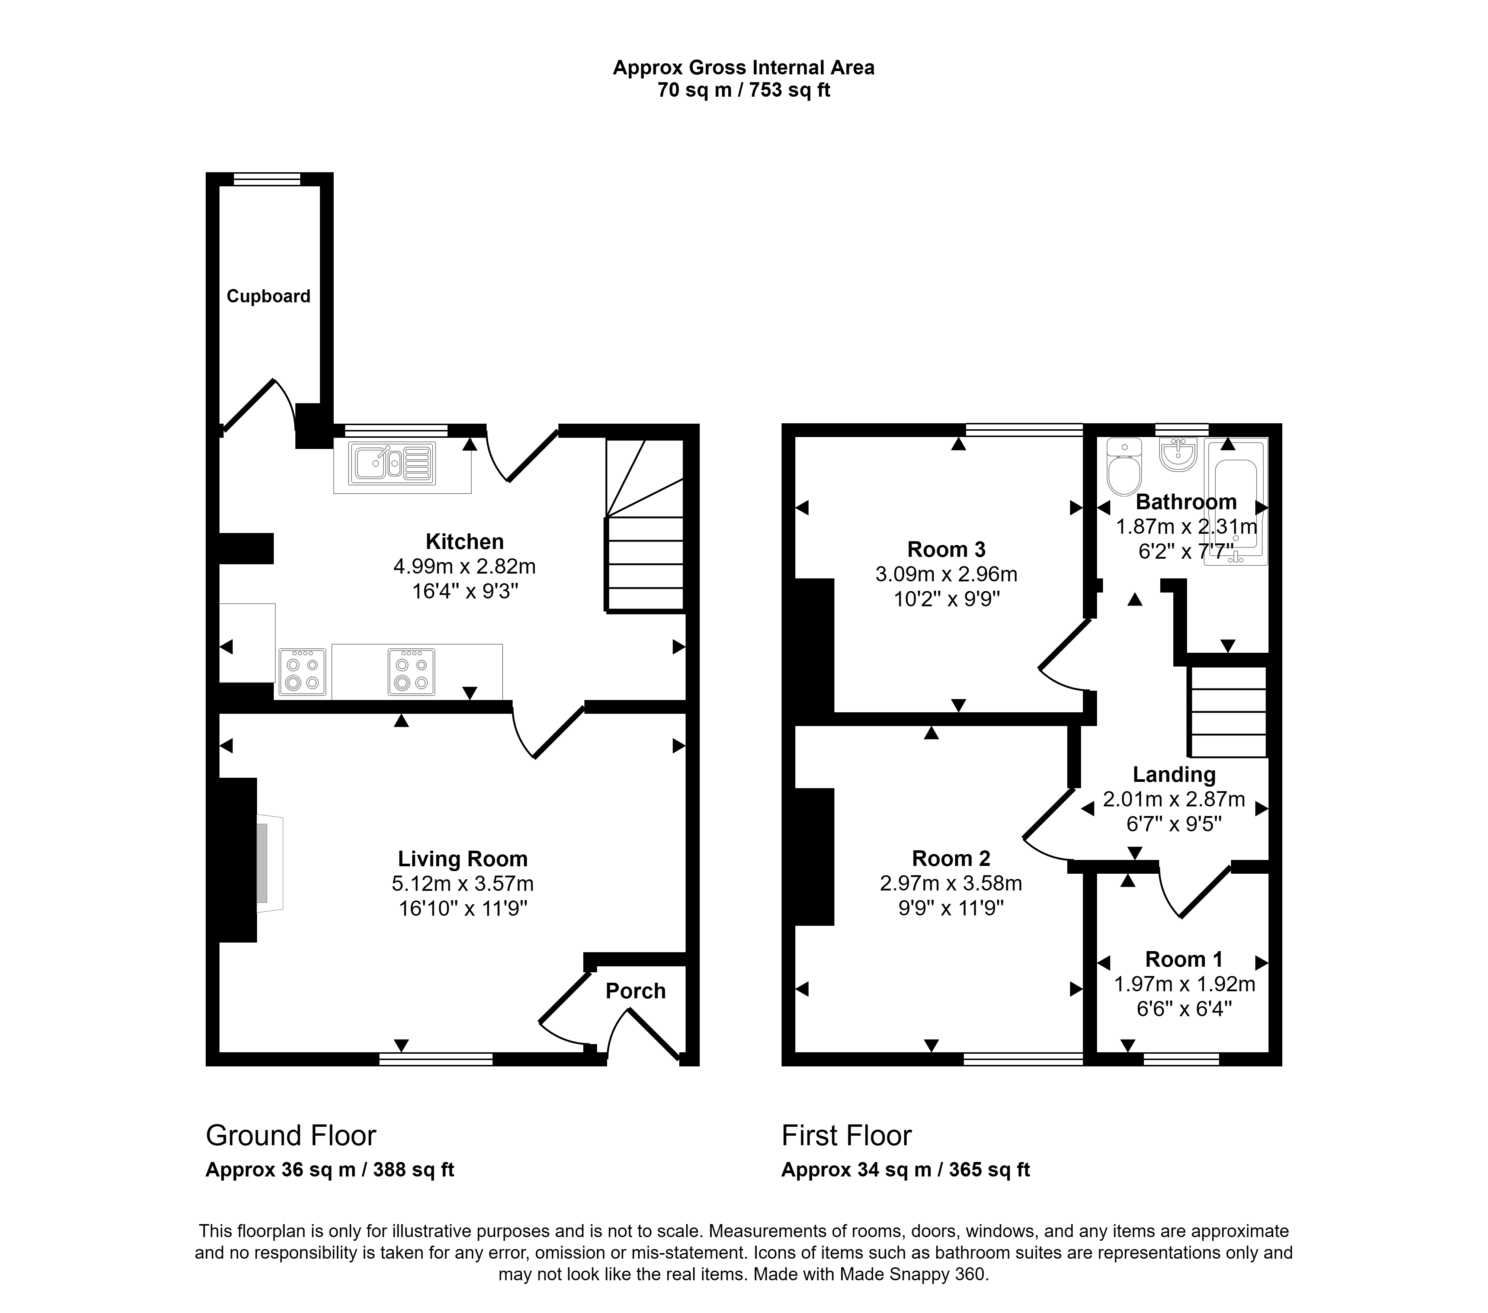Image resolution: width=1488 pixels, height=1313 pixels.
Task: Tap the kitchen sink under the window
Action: [392, 463]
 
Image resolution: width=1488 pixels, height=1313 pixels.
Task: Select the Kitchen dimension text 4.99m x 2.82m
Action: [465, 565]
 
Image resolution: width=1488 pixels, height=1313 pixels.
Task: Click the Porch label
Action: [635, 991]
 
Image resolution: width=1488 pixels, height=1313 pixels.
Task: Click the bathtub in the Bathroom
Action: [1236, 501]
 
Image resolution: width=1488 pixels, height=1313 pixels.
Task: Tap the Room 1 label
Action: [1184, 959]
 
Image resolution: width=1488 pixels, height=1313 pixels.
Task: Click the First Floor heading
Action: [846, 1136]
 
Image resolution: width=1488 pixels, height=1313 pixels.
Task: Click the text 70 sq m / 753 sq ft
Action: [744, 90]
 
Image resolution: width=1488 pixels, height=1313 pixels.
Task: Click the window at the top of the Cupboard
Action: [266, 179]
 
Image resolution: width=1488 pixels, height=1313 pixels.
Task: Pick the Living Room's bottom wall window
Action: [436, 1059]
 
